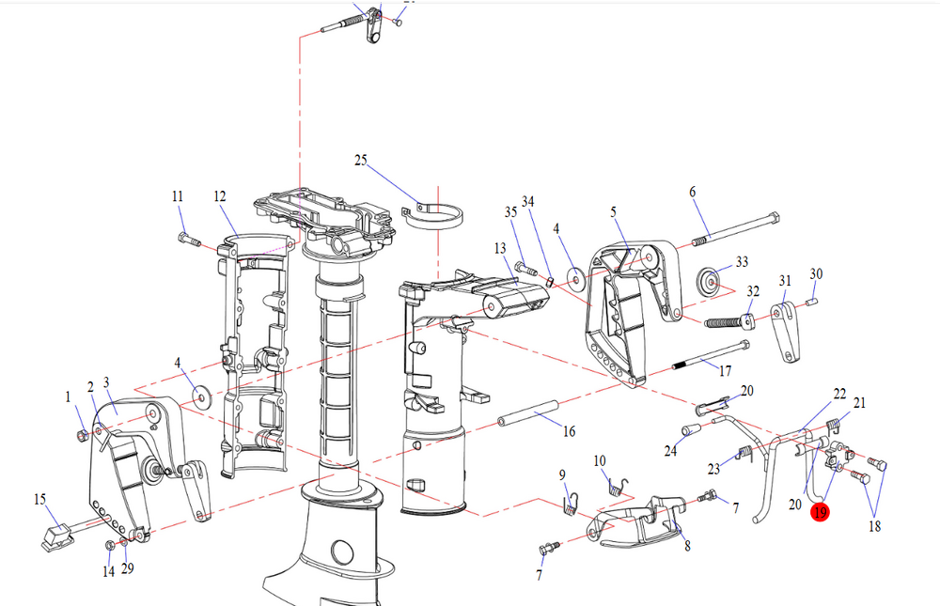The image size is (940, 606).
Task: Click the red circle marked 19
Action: tap(821, 513)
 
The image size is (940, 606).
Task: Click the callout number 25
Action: tap(360, 161)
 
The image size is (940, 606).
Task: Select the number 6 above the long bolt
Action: tap(693, 192)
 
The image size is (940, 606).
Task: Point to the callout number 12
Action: tap(220, 196)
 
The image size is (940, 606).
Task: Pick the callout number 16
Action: tap(569, 431)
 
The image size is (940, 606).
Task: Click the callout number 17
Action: tap(725, 371)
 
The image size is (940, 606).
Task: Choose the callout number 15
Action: tap(39, 498)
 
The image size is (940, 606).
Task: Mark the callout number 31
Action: tap(786, 281)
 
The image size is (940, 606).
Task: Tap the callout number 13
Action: tap(500, 248)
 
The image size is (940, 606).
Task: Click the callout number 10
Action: tap(601, 460)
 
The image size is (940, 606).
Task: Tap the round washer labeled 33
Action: tap(712, 280)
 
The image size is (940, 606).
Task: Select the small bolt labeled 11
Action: tap(189, 241)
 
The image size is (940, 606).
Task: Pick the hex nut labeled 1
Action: tap(82, 435)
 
